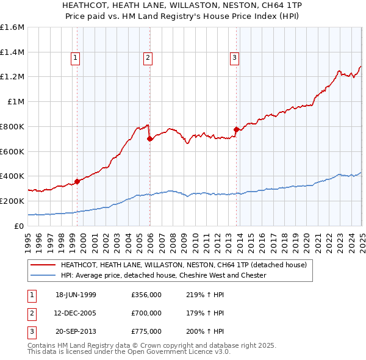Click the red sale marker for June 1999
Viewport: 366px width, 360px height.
(x=77, y=181)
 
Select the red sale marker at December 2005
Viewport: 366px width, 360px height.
(x=149, y=139)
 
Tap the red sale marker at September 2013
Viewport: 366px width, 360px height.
(x=236, y=129)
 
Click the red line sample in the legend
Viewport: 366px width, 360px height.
(x=43, y=265)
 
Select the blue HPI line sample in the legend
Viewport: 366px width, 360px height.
(x=43, y=275)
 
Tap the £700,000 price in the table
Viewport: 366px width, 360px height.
(x=146, y=313)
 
